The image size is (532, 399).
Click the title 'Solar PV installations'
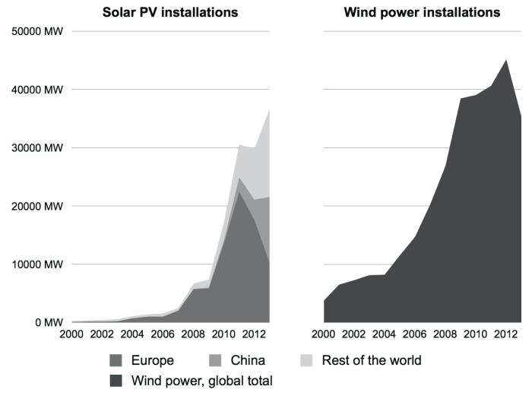(x=170, y=12)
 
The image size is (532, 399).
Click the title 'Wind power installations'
(x=422, y=12)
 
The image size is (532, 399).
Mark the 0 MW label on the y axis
(x=47, y=322)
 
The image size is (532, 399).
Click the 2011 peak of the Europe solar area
(x=239, y=192)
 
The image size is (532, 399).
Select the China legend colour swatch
(x=220, y=360)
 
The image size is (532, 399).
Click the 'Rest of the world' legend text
(x=372, y=360)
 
